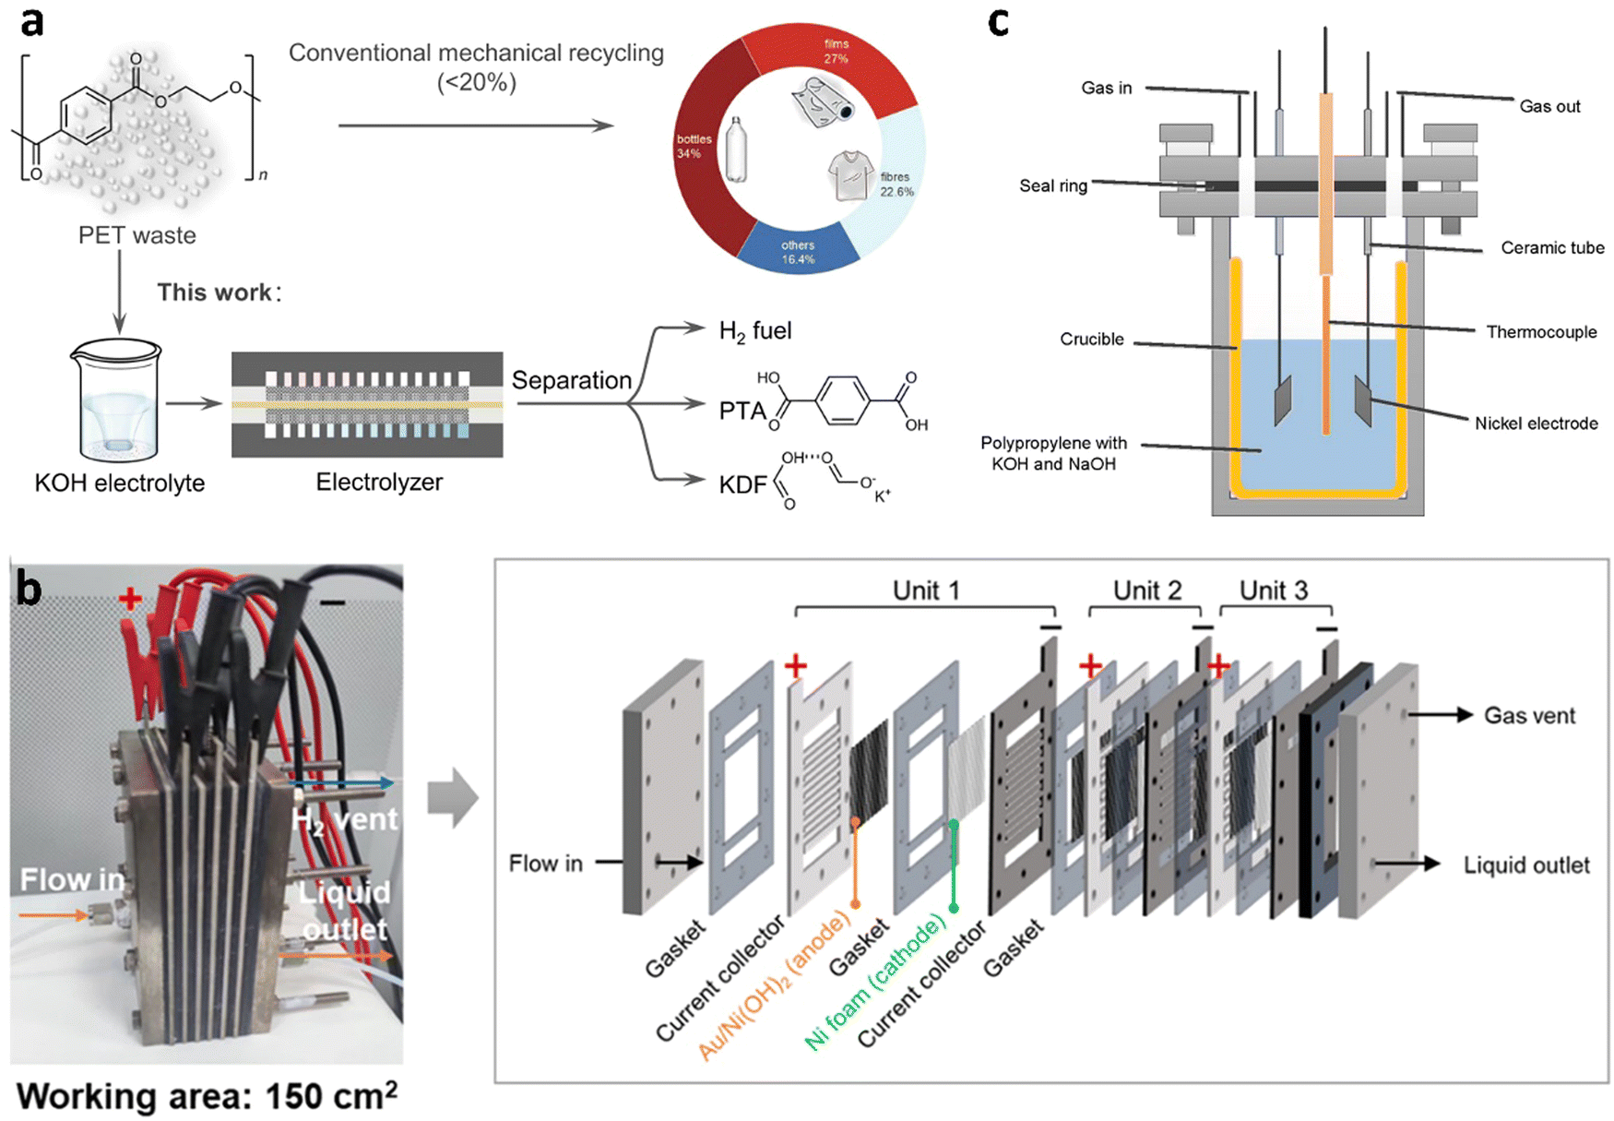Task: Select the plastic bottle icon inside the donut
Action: tap(735, 149)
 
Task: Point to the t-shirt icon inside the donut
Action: tap(850, 175)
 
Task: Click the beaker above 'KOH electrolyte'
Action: tap(116, 400)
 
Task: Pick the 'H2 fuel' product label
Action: tap(754, 331)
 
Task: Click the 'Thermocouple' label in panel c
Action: tap(1541, 332)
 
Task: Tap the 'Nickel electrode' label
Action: tap(1536, 423)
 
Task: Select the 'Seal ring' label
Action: tap(1053, 185)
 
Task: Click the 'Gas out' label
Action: tap(1549, 106)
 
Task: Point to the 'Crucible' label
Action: tap(1092, 339)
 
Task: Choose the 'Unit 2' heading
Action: tap(1146, 590)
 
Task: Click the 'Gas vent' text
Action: tap(1529, 715)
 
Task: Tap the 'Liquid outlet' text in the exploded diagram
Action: tap(1526, 865)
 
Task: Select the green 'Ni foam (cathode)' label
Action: tap(875, 982)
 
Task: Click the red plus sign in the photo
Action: tap(130, 599)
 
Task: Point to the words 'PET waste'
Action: tap(137, 235)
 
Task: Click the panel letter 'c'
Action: tap(998, 22)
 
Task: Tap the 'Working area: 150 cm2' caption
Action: tap(208, 1095)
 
